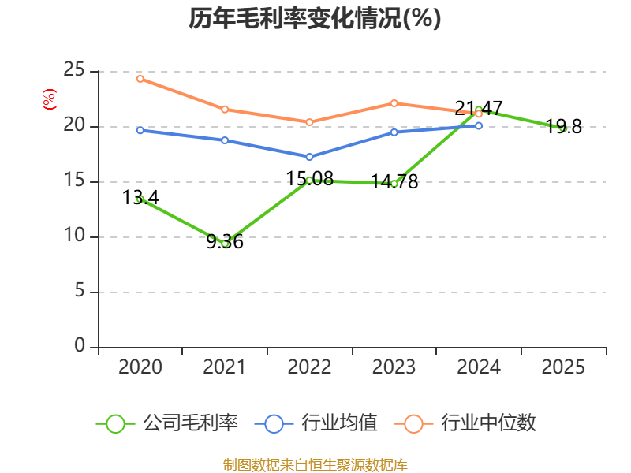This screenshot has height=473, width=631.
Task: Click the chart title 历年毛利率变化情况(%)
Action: click(x=315, y=19)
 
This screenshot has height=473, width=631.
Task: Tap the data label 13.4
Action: click(x=141, y=198)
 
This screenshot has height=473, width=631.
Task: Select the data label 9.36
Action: click(x=225, y=242)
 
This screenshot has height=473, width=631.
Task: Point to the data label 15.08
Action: click(x=309, y=179)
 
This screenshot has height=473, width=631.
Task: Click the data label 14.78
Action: click(x=394, y=182)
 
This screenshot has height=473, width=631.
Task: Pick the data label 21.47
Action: click(x=479, y=109)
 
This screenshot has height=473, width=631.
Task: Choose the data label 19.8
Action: click(x=563, y=127)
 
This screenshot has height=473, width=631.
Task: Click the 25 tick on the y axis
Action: click(x=74, y=71)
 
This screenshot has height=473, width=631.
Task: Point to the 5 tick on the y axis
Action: click(x=80, y=292)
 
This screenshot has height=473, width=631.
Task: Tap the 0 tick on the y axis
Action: click(x=80, y=347)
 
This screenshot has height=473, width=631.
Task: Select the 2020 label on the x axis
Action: click(x=140, y=367)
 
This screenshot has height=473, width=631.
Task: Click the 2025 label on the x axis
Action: click(x=563, y=367)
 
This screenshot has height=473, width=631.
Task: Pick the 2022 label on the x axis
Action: click(x=309, y=367)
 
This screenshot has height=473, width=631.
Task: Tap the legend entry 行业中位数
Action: click(x=470, y=423)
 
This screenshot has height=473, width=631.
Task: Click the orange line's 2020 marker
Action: click(x=140, y=79)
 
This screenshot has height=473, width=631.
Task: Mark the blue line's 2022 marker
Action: click(x=309, y=157)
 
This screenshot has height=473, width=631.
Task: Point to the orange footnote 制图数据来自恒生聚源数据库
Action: click(x=315, y=464)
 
